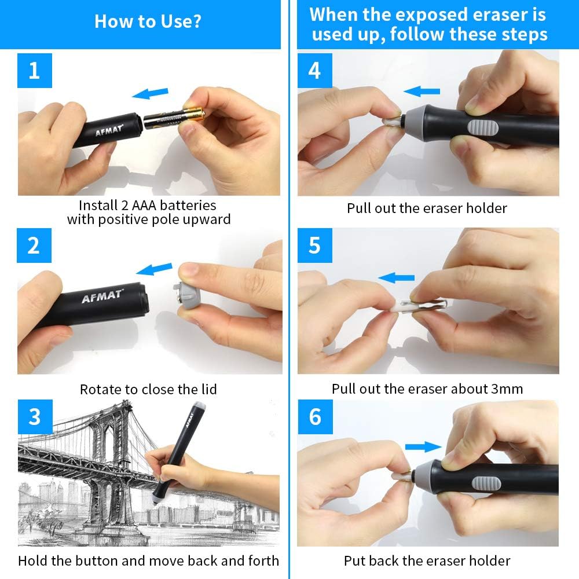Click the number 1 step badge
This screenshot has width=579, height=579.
[34, 71]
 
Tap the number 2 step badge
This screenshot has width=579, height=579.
[34, 245]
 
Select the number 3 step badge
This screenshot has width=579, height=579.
[34, 417]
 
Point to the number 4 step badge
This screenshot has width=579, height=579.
[314, 71]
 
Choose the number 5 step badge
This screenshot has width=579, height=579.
[314, 245]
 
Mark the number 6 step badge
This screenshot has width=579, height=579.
[314, 417]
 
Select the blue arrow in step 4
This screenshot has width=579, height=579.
[422, 91]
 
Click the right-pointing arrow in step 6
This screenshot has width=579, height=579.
[423, 446]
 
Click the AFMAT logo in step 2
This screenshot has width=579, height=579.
[102, 297]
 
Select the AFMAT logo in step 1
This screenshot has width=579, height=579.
[109, 126]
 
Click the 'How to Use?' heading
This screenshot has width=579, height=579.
[148, 22]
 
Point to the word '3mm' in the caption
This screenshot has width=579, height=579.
[506, 389]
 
